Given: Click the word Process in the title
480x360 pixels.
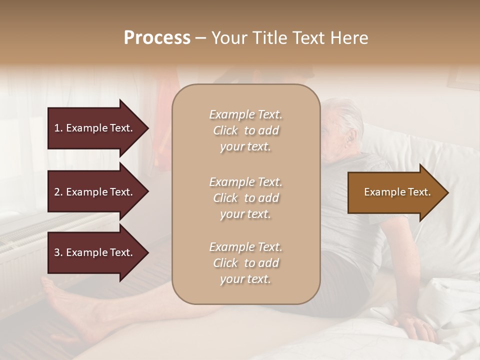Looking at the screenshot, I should [157, 38].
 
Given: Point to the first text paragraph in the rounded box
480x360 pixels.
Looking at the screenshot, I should [245, 130].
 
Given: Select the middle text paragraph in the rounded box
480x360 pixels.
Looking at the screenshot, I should [245, 198].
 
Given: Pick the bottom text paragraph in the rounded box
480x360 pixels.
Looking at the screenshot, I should [245, 263].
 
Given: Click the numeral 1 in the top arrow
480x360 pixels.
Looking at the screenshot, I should [57, 128].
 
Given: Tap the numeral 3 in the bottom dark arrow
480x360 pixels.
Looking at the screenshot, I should [57, 252].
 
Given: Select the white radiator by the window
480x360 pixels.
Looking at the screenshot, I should [25, 240].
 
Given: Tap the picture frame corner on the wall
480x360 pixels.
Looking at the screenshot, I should [462, 80].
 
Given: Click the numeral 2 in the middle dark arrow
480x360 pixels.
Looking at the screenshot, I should [57, 192].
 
